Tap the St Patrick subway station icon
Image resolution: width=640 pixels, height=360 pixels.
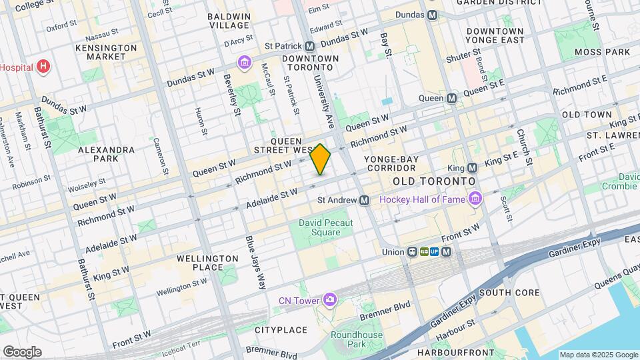309,47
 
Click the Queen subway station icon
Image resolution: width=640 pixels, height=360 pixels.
451,99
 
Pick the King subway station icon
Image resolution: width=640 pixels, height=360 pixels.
472,168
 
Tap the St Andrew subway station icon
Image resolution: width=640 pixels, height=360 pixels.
365,200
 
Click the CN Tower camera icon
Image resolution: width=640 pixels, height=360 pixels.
329,300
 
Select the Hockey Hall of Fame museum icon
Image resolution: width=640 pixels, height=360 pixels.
474,199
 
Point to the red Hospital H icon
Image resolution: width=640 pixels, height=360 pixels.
43,66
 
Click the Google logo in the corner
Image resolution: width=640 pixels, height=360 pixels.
21,352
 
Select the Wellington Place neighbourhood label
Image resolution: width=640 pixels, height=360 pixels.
207,263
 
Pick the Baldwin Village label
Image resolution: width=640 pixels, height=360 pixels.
229,21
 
